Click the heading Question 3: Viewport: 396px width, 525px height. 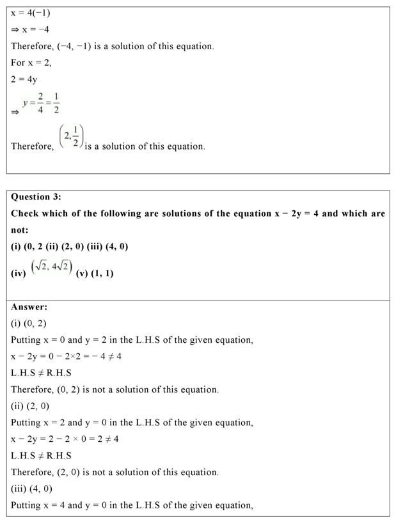[36, 197]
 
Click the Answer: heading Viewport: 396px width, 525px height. [29, 307]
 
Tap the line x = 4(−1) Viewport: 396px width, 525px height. [30, 13]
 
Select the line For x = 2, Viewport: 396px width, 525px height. [31, 63]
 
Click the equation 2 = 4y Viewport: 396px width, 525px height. [24, 79]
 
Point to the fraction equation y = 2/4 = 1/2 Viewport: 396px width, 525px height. [41, 104]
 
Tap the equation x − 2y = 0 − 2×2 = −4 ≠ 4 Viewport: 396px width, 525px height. [66, 356]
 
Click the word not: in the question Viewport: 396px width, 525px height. [20, 230]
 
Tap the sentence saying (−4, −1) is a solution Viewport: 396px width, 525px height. [113, 46]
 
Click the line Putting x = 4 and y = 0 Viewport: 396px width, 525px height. [132, 505]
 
